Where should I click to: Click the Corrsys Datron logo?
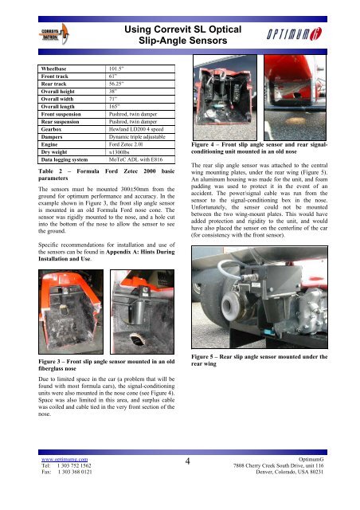(54, 34)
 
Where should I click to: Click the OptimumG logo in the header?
(294, 33)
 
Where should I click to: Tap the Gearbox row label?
(51, 129)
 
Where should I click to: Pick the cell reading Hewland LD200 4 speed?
(136, 129)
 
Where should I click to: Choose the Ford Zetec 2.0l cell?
(126, 144)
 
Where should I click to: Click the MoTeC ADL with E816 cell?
(135, 159)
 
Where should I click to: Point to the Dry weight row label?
(54, 152)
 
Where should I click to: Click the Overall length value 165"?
(114, 107)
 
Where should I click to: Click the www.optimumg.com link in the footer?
(65, 459)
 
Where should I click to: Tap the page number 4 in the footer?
(188, 461)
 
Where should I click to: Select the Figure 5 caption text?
(259, 360)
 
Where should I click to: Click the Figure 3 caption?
(107, 365)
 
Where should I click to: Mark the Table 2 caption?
(107, 175)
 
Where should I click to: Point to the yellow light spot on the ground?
(295, 120)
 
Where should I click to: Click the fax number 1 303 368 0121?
(75, 472)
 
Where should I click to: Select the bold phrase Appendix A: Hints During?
(140, 252)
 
